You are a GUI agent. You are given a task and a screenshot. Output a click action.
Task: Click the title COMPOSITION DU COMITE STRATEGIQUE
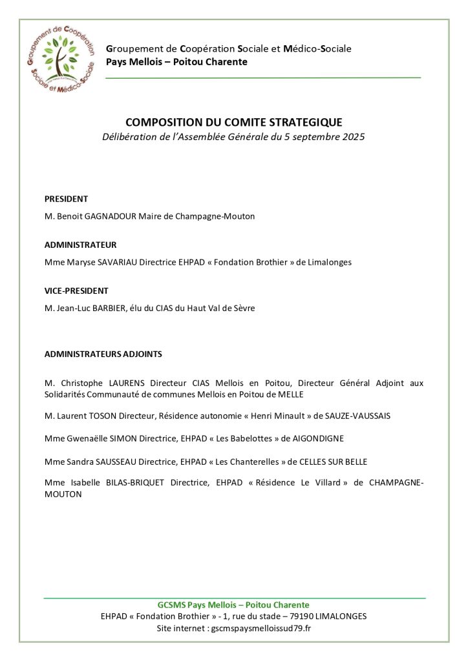click(x=233, y=122)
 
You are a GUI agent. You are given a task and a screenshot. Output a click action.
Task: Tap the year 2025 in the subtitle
click(x=352, y=137)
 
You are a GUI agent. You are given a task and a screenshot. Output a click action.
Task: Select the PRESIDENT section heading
click(x=66, y=199)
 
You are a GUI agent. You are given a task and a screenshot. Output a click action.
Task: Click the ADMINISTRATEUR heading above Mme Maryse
click(x=80, y=245)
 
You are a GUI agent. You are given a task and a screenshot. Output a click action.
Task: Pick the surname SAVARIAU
click(x=107, y=262)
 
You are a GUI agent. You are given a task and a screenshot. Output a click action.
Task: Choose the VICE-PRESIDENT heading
click(x=76, y=290)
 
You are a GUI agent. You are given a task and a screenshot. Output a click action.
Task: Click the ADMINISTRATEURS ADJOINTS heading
click(x=103, y=354)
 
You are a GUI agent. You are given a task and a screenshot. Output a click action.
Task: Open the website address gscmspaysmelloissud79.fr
click(x=261, y=627)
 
